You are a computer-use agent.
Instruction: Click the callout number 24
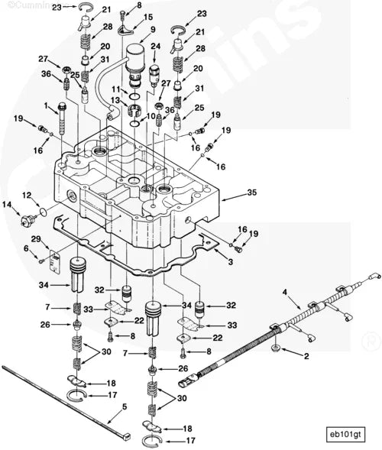[156, 46]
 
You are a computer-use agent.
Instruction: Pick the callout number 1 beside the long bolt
[46, 105]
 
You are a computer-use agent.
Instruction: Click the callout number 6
[25, 248]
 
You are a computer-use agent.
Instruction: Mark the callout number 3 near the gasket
[230, 262]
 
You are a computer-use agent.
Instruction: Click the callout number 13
[115, 100]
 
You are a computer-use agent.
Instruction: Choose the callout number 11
[114, 89]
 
